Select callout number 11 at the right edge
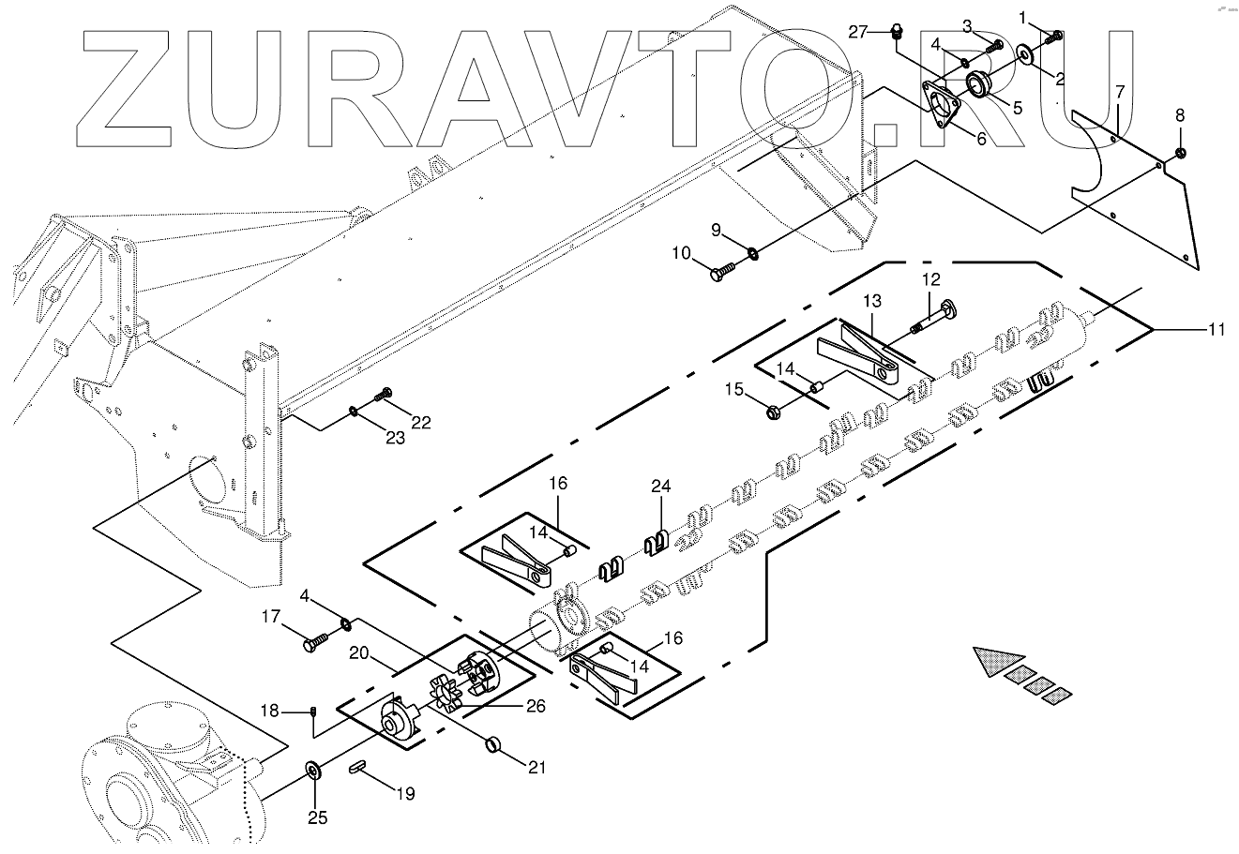[1216, 329]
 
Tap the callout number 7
[1119, 93]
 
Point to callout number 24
[662, 487]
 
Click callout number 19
[403, 793]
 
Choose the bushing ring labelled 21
[491, 746]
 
